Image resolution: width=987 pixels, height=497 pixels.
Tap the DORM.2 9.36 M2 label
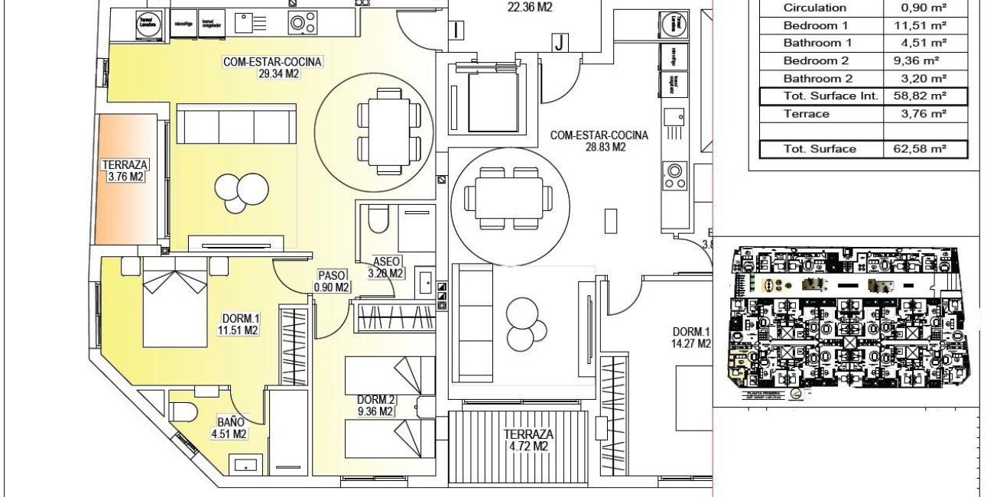point(375,405)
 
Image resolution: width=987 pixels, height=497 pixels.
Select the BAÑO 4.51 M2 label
point(230,428)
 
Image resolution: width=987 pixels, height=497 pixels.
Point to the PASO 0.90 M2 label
point(331,281)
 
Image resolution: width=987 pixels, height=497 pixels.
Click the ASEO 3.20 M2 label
point(385,267)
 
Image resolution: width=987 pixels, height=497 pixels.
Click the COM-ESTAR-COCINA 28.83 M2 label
point(599,141)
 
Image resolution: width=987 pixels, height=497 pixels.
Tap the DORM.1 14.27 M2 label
point(692,338)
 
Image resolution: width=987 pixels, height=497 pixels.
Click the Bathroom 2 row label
point(816,79)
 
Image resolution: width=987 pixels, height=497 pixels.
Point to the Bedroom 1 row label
point(816,25)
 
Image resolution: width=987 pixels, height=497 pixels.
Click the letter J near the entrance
point(560,43)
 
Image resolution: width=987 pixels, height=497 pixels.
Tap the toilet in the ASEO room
point(376,219)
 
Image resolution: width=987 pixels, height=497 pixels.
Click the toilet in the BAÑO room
point(181,412)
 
